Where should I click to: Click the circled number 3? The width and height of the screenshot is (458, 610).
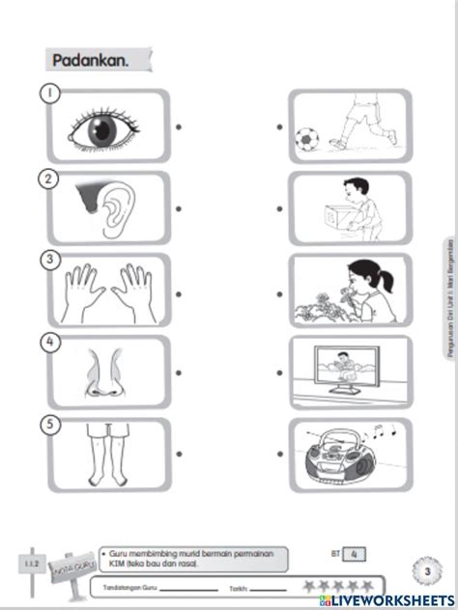[45, 260]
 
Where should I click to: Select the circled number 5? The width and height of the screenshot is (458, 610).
[45, 424]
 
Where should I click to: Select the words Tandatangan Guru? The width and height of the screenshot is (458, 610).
[126, 586]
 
